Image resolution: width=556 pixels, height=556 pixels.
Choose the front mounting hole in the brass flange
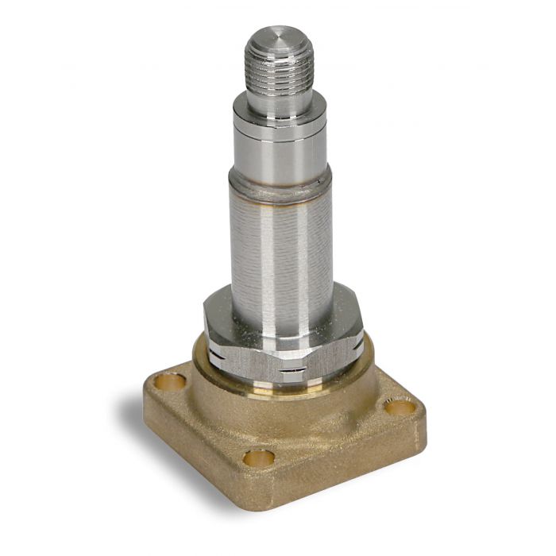click(x=259, y=458)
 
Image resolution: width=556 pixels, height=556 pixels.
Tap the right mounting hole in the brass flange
click(x=400, y=407)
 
